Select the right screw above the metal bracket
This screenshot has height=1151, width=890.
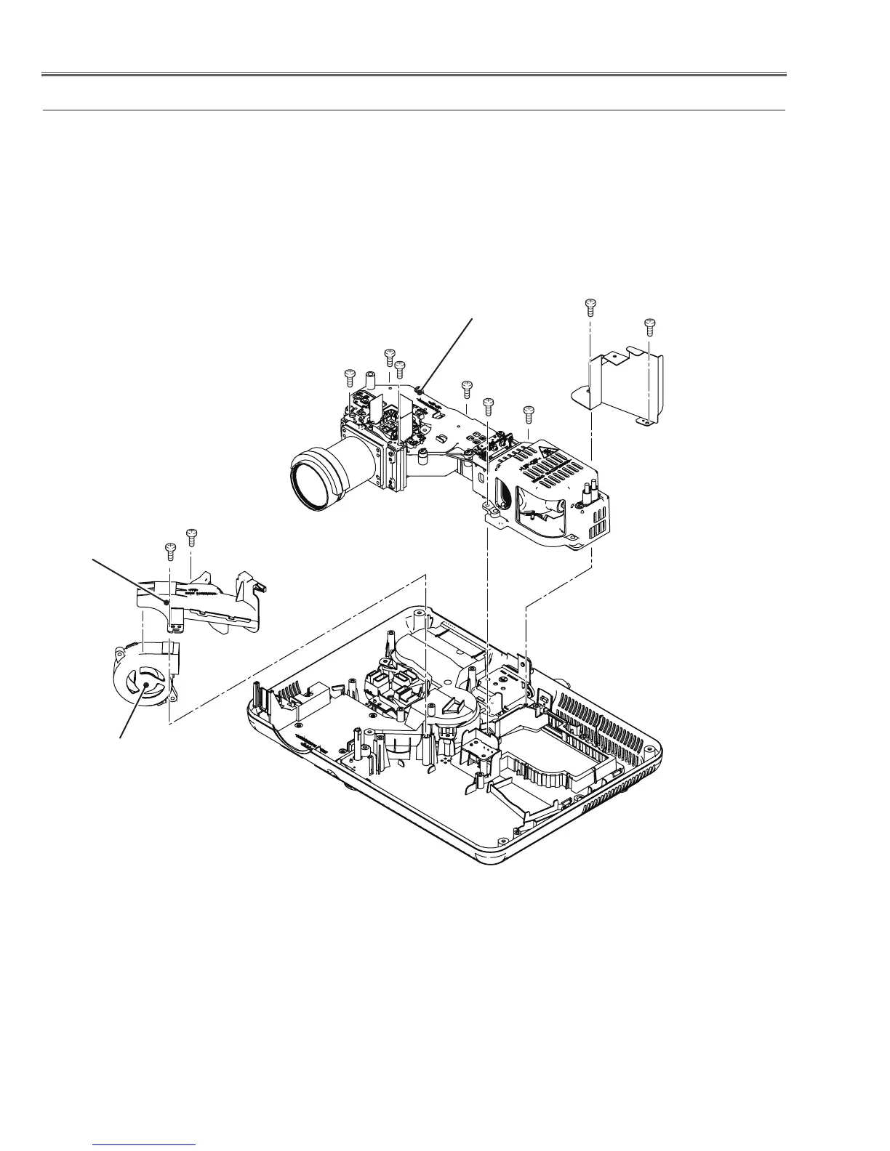(x=650, y=324)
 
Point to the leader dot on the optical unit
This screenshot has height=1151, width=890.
(x=420, y=390)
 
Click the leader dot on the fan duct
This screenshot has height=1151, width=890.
(x=167, y=602)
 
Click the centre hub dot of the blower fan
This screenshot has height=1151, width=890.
(x=145, y=684)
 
